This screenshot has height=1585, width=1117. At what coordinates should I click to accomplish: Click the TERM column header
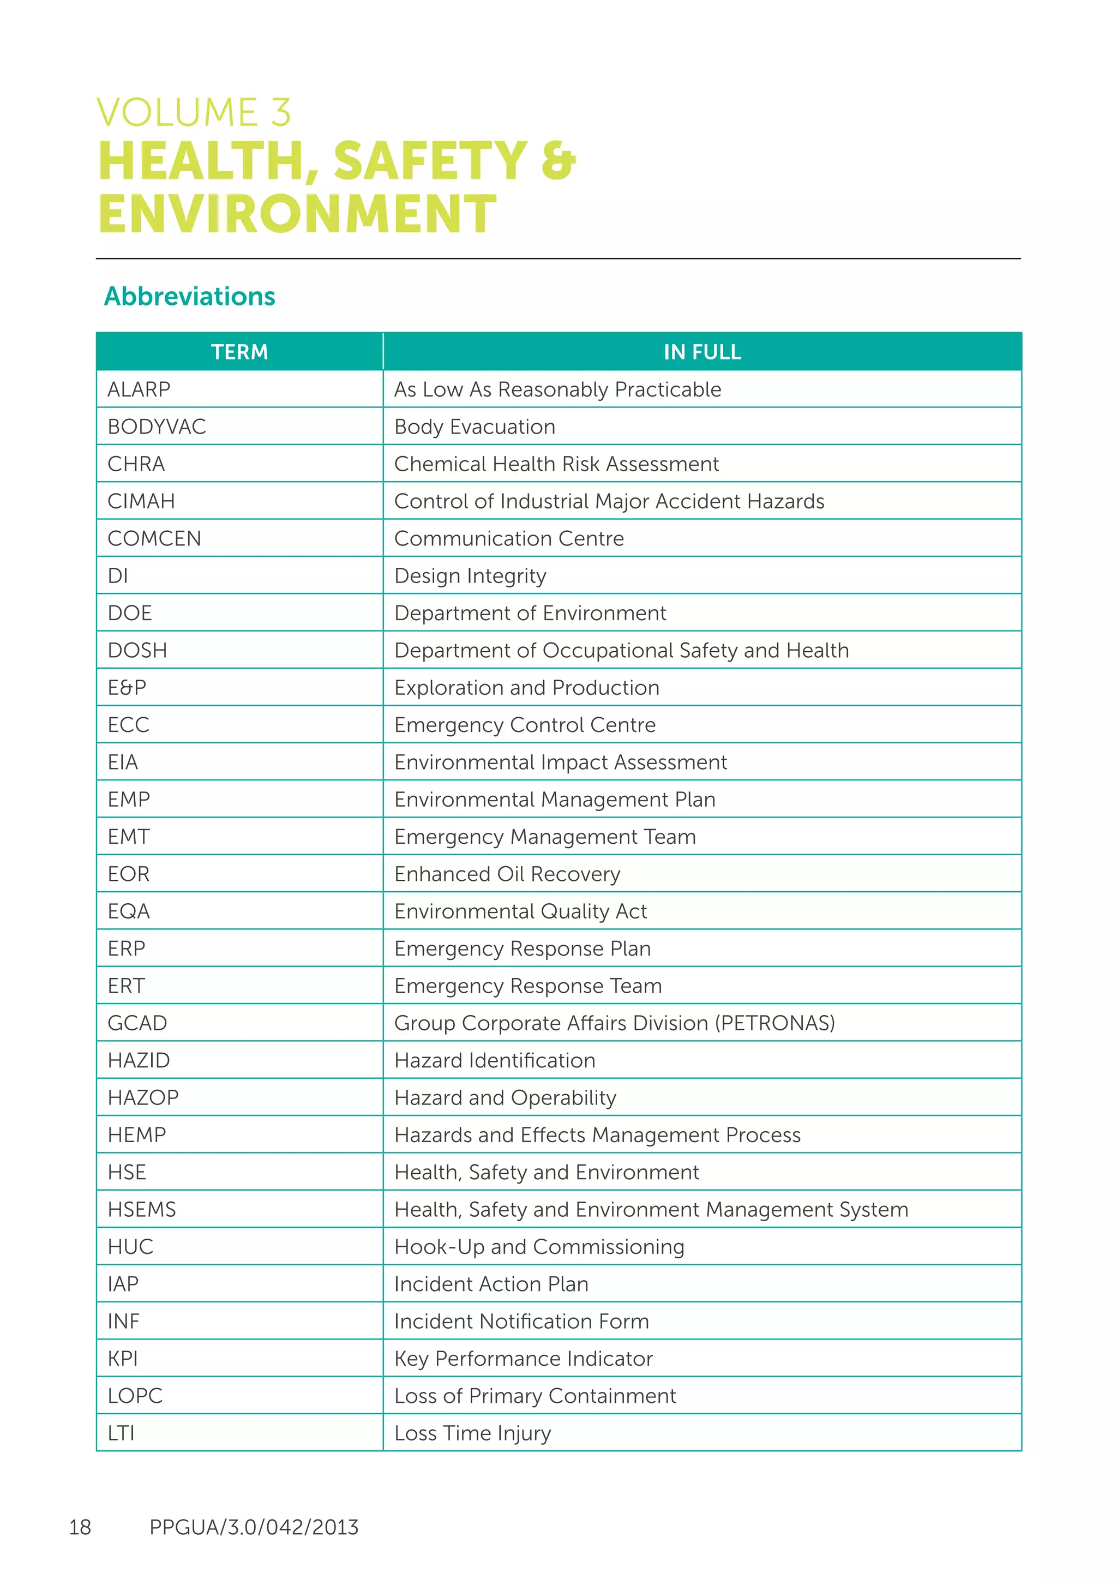pos(239,352)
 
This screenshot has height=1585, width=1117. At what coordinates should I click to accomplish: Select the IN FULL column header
pos(702,352)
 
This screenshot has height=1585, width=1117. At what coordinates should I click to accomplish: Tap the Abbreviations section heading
pos(189,296)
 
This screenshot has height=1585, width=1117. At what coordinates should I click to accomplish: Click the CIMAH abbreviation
pos(141,501)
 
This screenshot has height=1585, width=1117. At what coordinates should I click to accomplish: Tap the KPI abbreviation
pos(123,1359)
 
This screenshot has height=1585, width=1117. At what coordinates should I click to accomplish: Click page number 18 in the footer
pos(80,1527)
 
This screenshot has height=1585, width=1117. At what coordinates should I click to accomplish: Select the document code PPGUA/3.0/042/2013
pos(254,1527)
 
